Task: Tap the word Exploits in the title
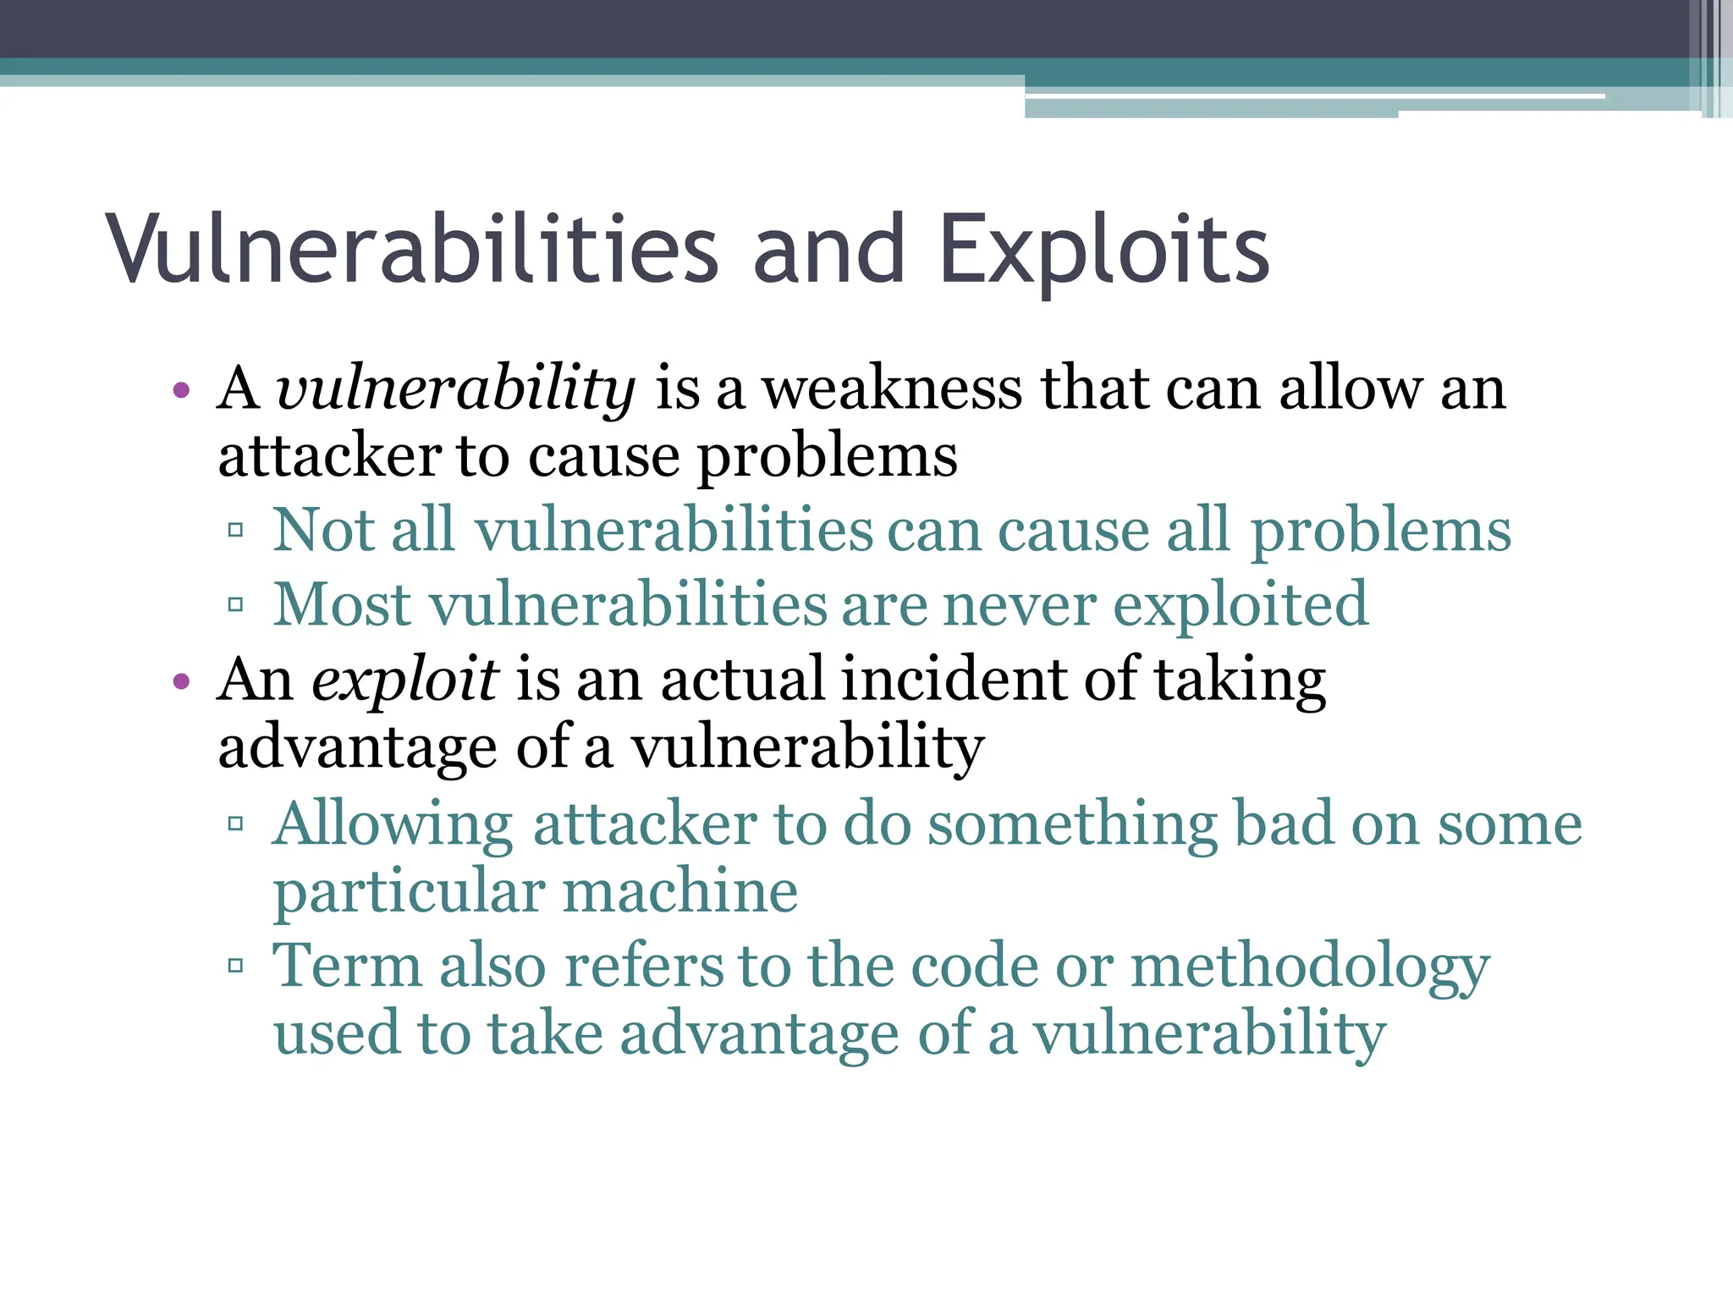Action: (x=1103, y=250)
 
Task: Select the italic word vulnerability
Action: (x=455, y=389)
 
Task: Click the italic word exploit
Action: (x=404, y=680)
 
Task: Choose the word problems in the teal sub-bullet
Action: (x=1380, y=532)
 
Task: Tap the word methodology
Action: (x=1310, y=967)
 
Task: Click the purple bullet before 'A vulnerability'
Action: (x=179, y=391)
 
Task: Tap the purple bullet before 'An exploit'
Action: (x=179, y=681)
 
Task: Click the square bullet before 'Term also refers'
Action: (x=236, y=966)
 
